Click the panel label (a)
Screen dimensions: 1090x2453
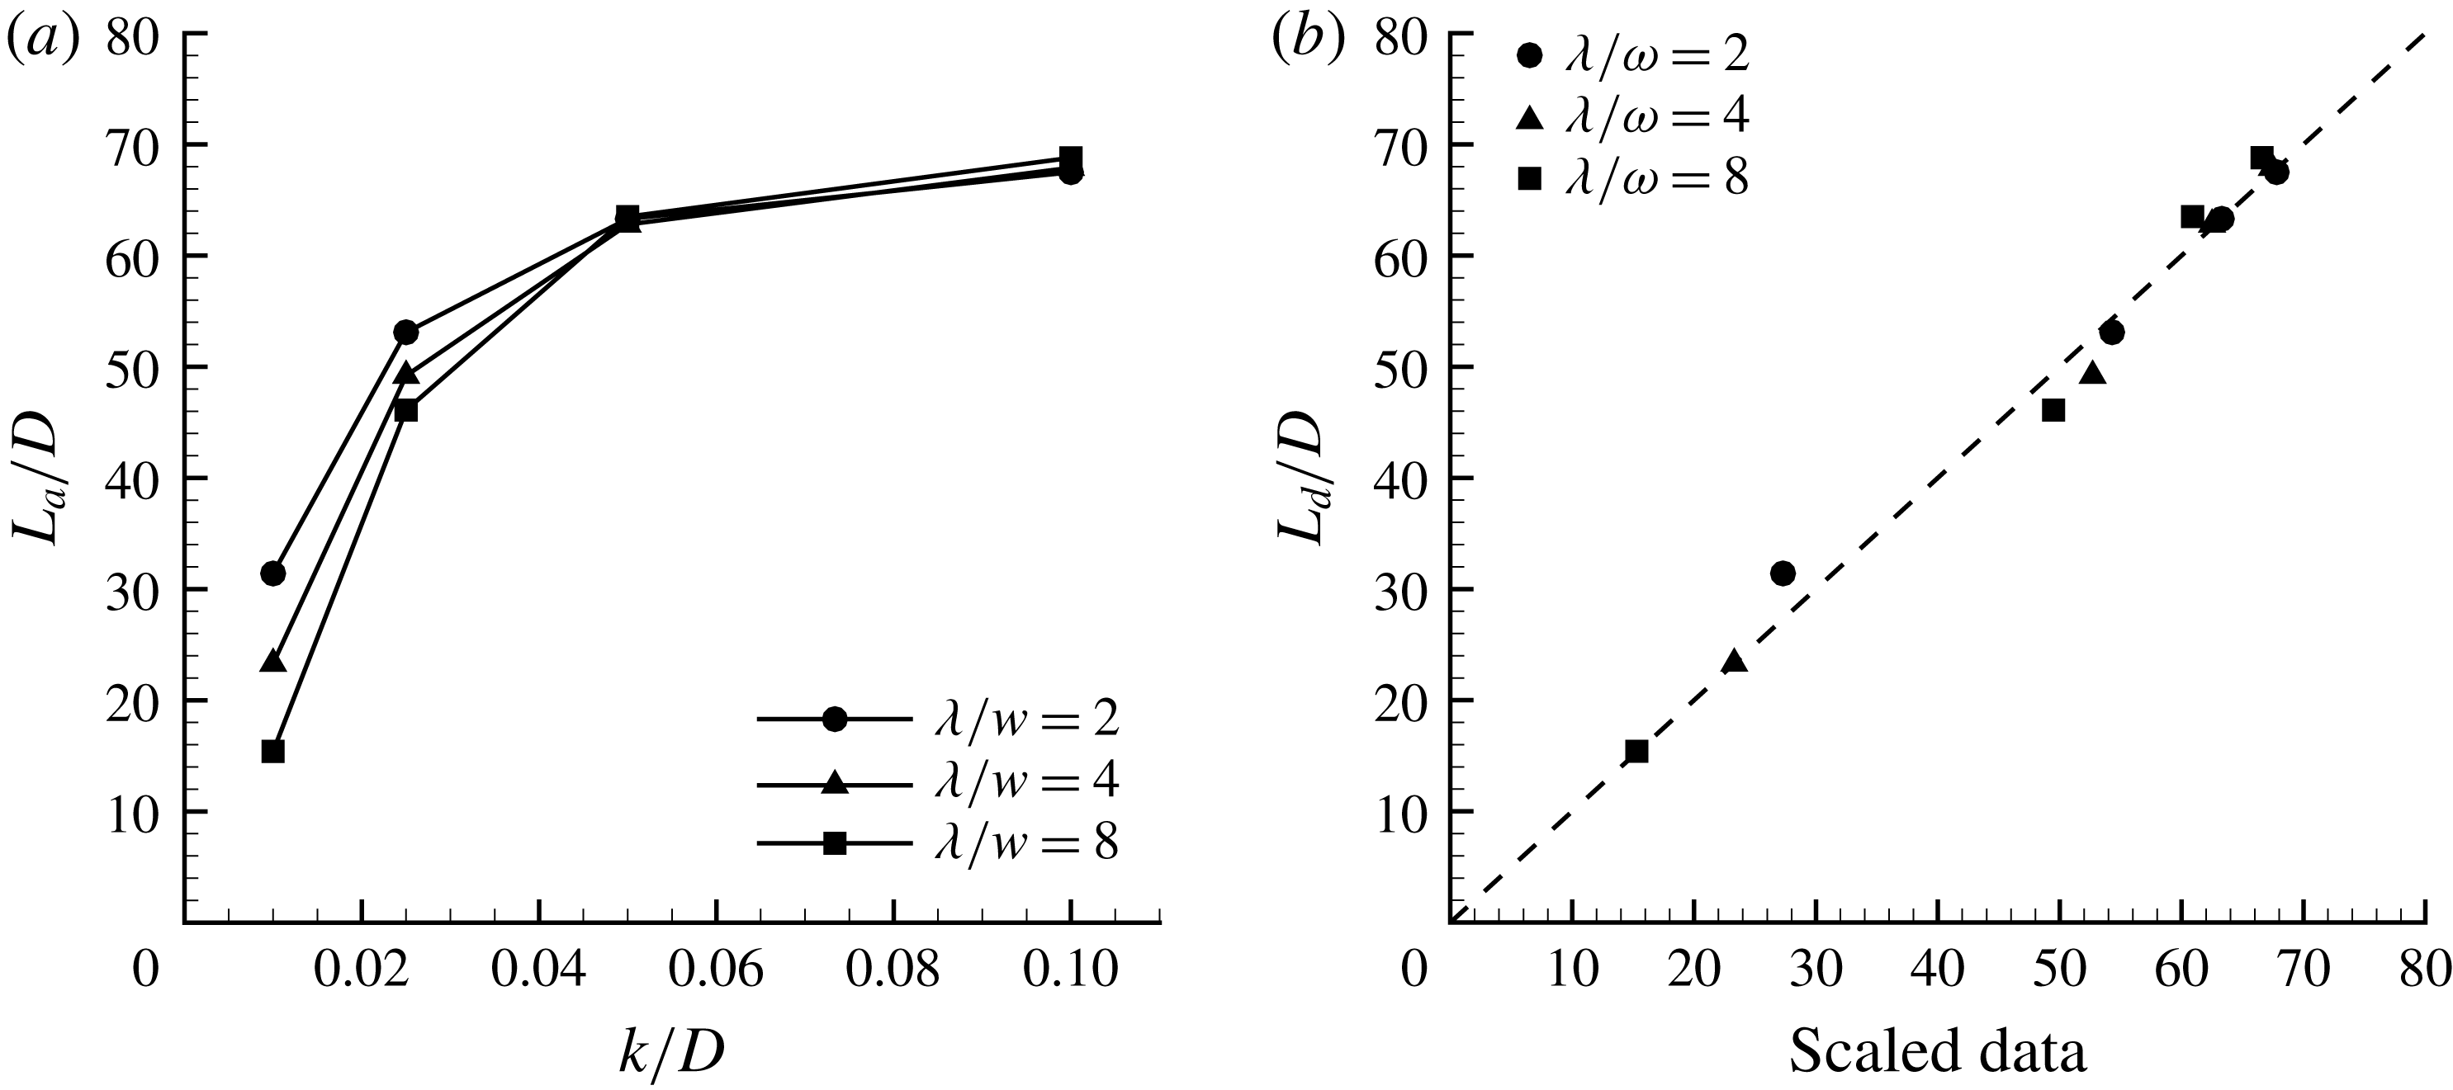coord(43,41)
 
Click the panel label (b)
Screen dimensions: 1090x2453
coord(1309,41)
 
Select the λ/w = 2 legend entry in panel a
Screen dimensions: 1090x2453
coord(938,720)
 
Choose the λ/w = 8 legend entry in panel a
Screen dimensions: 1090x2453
coord(938,843)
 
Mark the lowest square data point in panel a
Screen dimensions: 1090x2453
coord(273,751)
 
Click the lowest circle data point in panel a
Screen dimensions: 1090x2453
coord(273,573)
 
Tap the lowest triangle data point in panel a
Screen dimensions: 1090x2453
coord(273,661)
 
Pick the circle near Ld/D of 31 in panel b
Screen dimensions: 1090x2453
coord(1783,573)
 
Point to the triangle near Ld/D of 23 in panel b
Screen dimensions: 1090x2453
coord(1734,661)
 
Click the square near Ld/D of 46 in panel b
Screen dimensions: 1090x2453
coord(2053,410)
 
